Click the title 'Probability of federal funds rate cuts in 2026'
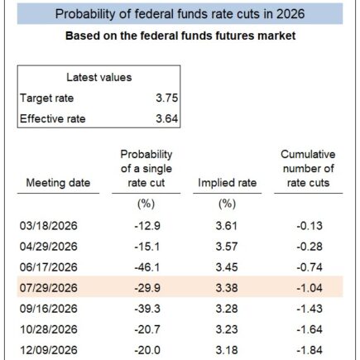tap(180, 14)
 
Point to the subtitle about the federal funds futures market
tap(180, 36)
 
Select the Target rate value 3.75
tap(166, 98)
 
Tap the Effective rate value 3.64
tap(166, 118)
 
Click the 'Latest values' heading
tap(98, 77)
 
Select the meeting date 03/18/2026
tap(48, 225)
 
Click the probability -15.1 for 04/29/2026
tap(146, 247)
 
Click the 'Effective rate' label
tap(53, 118)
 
